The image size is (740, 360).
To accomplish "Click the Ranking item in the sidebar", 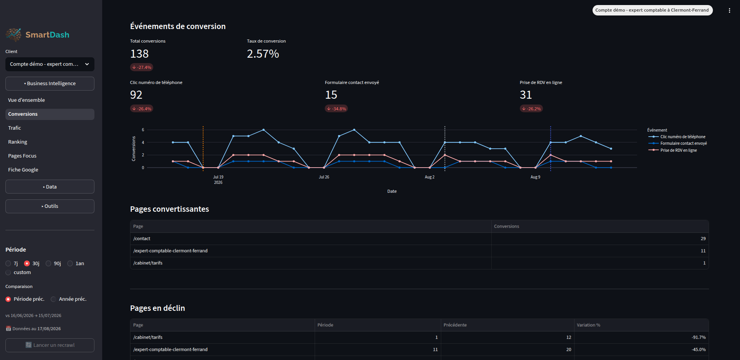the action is pos(18,142).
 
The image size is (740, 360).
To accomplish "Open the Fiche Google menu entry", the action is pos(23,170).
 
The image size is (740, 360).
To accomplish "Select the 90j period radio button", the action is pos(48,264).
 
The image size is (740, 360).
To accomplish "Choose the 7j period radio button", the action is pos(8,264).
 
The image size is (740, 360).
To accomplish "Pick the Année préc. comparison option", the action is pos(53,299).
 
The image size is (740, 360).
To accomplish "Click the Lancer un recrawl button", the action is pos(50,345).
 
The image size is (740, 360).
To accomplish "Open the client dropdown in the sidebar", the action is pos(50,64).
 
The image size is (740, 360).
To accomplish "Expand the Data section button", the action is pos(50,187).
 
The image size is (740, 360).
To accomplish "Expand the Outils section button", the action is pos(50,206).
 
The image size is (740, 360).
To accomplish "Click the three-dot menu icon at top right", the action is pos(730,10).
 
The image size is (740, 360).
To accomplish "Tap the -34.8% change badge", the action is pos(336,109).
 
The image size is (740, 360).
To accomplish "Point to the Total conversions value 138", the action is pos(139,54).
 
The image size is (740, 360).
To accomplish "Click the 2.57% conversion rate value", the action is pos(263,54).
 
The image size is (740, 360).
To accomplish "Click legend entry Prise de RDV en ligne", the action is pos(678,150).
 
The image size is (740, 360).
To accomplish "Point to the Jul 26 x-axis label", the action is pos(324,177).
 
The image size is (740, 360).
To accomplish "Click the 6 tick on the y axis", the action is pos(143,130).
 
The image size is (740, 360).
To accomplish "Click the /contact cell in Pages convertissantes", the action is pos(142,239).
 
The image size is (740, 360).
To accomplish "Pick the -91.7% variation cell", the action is pos(699,338).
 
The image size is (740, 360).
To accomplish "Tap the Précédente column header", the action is pos(455,325).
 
